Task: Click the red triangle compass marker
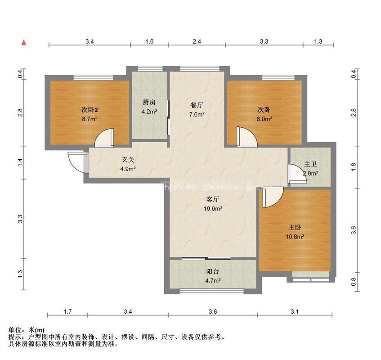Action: (24, 43)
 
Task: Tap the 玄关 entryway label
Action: (128, 160)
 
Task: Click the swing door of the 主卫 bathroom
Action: (295, 174)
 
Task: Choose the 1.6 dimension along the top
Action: (149, 41)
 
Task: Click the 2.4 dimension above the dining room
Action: (197, 41)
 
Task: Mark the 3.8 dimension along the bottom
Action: (213, 311)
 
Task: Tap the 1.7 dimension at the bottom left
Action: (67, 311)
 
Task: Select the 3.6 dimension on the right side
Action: (354, 230)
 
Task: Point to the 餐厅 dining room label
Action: (197, 105)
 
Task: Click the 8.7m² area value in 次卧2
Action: (90, 119)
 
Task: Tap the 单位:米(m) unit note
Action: (27, 330)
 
